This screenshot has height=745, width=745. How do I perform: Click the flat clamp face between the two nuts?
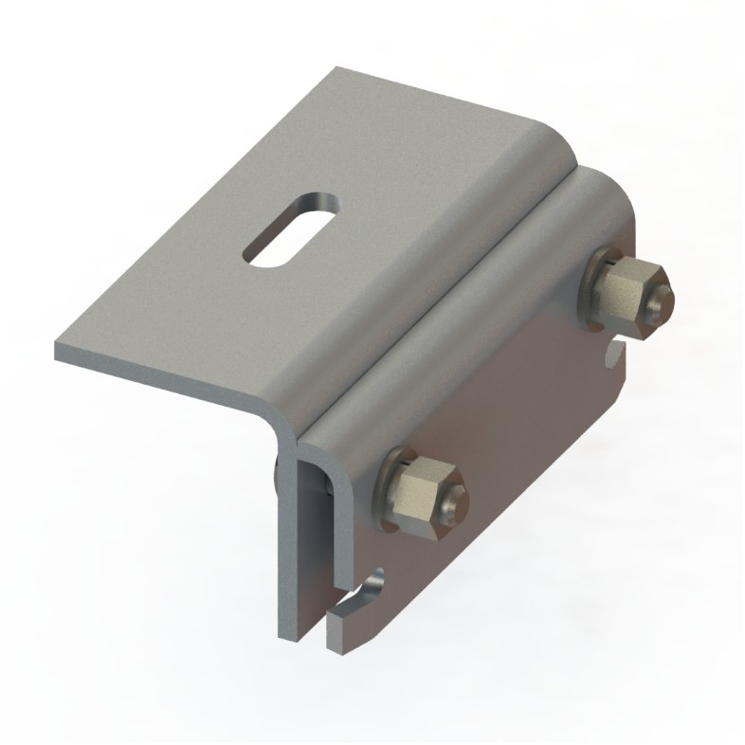point(512,398)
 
